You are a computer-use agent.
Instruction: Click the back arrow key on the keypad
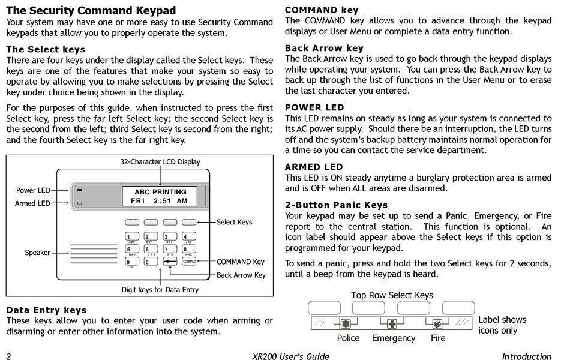pos(170,262)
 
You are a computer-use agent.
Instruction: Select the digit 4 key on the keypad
pos(189,237)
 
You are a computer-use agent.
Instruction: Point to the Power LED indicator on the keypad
pos(79,190)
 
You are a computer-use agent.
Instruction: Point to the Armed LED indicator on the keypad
pos(79,203)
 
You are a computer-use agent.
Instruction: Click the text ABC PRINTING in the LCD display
pos(160,192)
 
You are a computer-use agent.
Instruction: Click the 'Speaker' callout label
pos(37,253)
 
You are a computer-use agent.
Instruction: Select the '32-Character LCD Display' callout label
pos(160,162)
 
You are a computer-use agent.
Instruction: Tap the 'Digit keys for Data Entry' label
pos(160,290)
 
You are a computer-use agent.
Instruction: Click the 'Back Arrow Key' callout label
pos(241,275)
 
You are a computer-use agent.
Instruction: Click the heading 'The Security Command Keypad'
pos(91,10)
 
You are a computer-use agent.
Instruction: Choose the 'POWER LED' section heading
pos(314,107)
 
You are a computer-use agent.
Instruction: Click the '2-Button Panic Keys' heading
pos(336,205)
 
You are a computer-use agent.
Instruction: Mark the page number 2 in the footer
pos(9,356)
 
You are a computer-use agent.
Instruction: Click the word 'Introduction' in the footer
pos(526,356)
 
